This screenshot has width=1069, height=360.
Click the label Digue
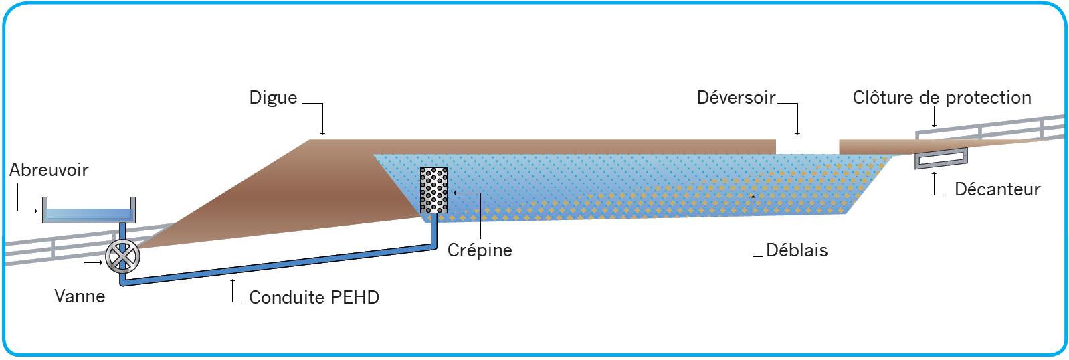[x=273, y=98]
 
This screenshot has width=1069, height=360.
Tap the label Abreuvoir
[x=49, y=170]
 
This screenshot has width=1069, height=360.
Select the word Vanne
[x=80, y=296]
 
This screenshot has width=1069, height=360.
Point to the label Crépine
[x=480, y=250]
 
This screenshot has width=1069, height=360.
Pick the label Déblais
[x=797, y=250]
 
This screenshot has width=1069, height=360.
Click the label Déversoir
[x=736, y=98]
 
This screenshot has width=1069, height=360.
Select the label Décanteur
[x=997, y=189]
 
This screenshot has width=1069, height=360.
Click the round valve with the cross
[x=122, y=255]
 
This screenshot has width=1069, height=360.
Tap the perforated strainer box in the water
[x=433, y=191]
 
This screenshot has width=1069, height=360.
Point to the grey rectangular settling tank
[x=941, y=159]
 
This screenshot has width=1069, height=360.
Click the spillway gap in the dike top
[x=807, y=146]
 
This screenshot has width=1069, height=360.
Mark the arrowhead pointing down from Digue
[x=322, y=134]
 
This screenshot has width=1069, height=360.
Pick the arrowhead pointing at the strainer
[x=456, y=193]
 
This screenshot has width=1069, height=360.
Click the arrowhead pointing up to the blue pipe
[x=233, y=280]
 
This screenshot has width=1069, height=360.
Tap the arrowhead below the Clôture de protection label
[x=934, y=125]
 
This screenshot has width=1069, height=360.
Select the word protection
[x=988, y=98]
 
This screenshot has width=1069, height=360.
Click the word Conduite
[x=279, y=298]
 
